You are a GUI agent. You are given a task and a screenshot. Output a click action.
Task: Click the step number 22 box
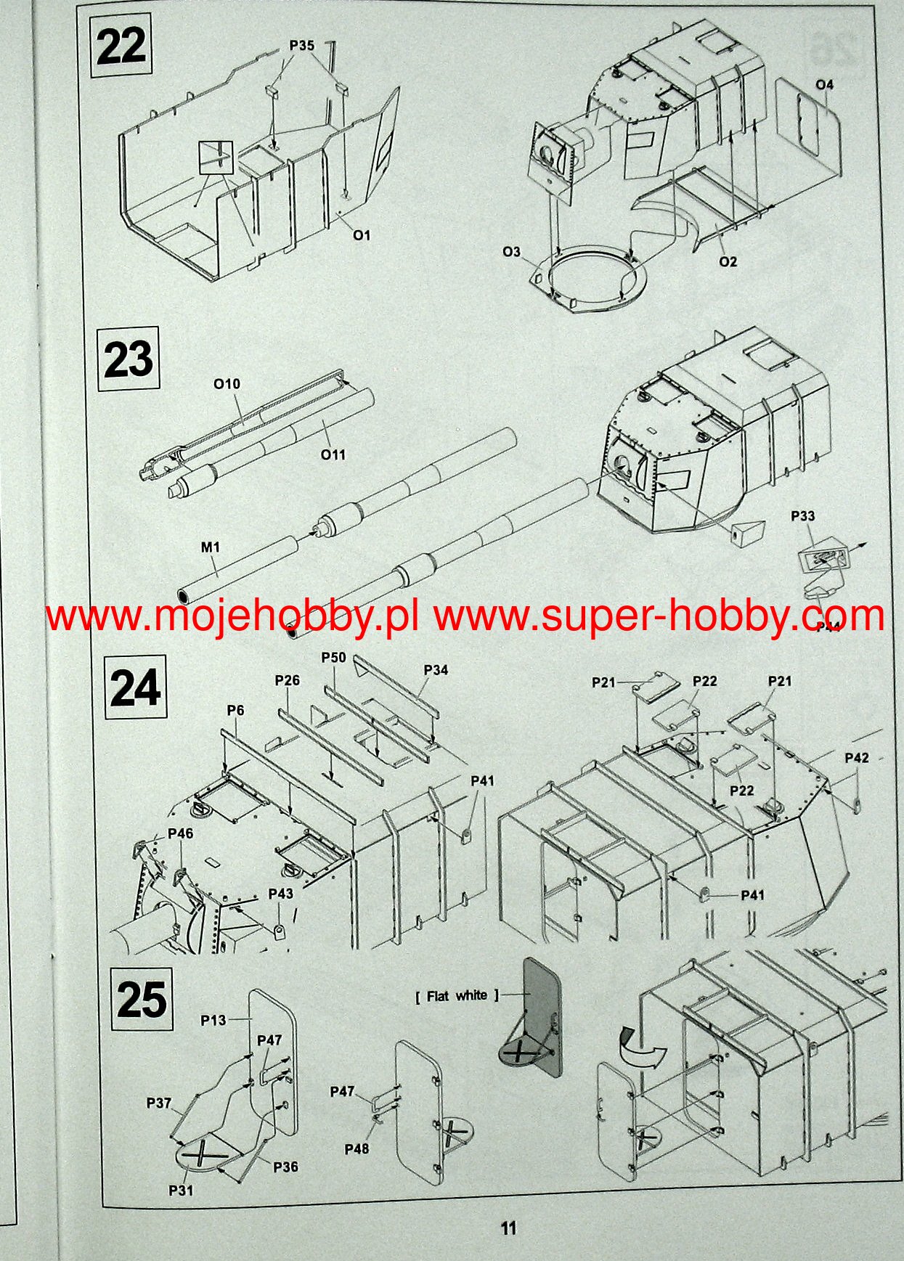pos(121,47)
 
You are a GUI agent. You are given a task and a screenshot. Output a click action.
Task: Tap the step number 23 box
pos(129,360)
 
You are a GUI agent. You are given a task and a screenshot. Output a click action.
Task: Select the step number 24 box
pos(135,687)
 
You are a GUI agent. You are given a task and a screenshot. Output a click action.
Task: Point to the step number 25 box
pos(143,999)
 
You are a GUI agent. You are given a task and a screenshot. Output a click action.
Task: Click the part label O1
pos(362,235)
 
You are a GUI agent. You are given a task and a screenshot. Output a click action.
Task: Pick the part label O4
pos(824,85)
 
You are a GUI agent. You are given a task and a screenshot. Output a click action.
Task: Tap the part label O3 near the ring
pos(512,252)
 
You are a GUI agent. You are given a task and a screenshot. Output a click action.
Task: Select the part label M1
pos(210,547)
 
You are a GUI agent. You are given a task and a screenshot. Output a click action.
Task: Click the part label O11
pos(333,454)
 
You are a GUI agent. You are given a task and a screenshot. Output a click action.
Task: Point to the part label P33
pos(802,516)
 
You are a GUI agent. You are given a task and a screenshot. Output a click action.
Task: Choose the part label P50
pos(333,658)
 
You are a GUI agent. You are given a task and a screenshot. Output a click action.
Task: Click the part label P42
pos(857,758)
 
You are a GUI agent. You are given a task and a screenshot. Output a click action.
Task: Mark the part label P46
pos(181,833)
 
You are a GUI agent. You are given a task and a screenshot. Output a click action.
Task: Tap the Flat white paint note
pos(457,996)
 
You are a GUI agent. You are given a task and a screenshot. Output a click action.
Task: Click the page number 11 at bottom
pos(508,1228)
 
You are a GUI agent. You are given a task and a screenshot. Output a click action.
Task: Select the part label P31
pos(181,1190)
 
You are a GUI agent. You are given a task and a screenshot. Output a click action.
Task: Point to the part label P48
pos(357,1148)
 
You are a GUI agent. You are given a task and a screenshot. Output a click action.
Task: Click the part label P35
pos(302,45)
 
